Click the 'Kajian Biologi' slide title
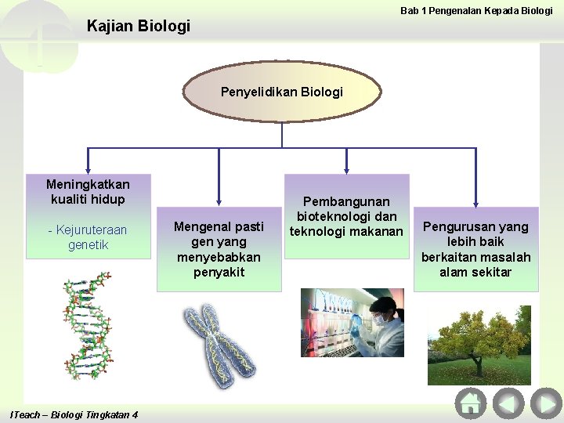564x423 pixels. point(138,26)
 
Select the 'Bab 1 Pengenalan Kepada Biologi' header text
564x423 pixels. point(476,10)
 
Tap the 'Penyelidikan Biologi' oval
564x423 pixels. point(281,92)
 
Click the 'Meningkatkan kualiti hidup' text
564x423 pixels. point(88,192)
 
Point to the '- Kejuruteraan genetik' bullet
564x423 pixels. point(88,237)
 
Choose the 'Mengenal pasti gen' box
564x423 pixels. point(219,249)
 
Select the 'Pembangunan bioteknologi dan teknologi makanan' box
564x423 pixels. point(346,216)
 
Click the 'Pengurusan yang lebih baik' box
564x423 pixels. point(475,249)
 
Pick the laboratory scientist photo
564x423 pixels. point(352,323)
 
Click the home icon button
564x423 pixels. point(470,404)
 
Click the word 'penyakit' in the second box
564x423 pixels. point(219,272)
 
